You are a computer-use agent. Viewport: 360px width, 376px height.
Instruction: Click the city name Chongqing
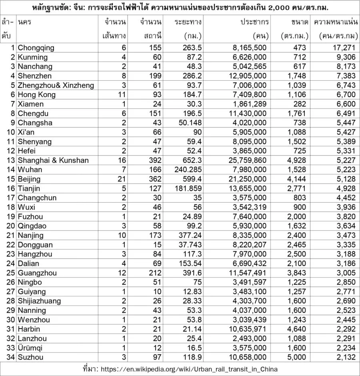[x=36, y=48]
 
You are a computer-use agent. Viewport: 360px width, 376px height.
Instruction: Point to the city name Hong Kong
[x=36, y=95]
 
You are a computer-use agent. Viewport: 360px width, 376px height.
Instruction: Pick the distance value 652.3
[x=191, y=160]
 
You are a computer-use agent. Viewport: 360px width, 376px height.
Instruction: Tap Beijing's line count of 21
[x=121, y=179]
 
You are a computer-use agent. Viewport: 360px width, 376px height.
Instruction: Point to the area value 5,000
[x=297, y=357]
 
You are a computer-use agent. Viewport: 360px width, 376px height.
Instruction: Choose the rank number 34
[x=11, y=357]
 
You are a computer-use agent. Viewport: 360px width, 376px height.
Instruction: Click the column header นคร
[x=24, y=22]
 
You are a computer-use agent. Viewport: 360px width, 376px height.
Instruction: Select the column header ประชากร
[x=254, y=22]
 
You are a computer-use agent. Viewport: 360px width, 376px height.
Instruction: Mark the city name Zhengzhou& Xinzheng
[x=56, y=85]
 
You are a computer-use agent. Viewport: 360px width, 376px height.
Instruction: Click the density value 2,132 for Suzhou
[x=346, y=357]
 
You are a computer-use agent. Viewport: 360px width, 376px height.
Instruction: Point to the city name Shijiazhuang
[x=40, y=301]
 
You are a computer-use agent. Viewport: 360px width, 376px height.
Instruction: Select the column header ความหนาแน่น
[x=336, y=22]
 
